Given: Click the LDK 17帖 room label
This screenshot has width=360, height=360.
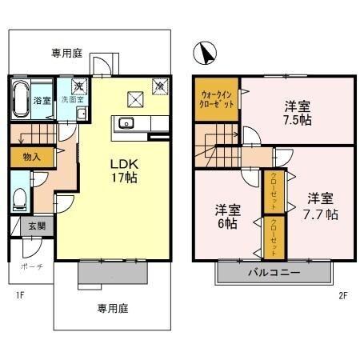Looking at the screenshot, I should (x=123, y=170).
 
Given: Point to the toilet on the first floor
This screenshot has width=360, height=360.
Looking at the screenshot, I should (x=21, y=195).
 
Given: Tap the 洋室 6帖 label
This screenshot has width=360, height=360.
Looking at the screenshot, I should (x=228, y=217).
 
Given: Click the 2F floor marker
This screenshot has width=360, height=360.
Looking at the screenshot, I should (x=342, y=294).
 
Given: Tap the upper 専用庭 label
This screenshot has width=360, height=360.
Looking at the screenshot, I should (x=67, y=54).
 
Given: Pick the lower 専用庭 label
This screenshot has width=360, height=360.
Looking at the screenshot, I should (x=113, y=307).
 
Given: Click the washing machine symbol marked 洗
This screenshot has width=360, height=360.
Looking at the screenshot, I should (x=79, y=85).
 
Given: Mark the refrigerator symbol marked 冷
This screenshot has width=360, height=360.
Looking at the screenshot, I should (x=158, y=84).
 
